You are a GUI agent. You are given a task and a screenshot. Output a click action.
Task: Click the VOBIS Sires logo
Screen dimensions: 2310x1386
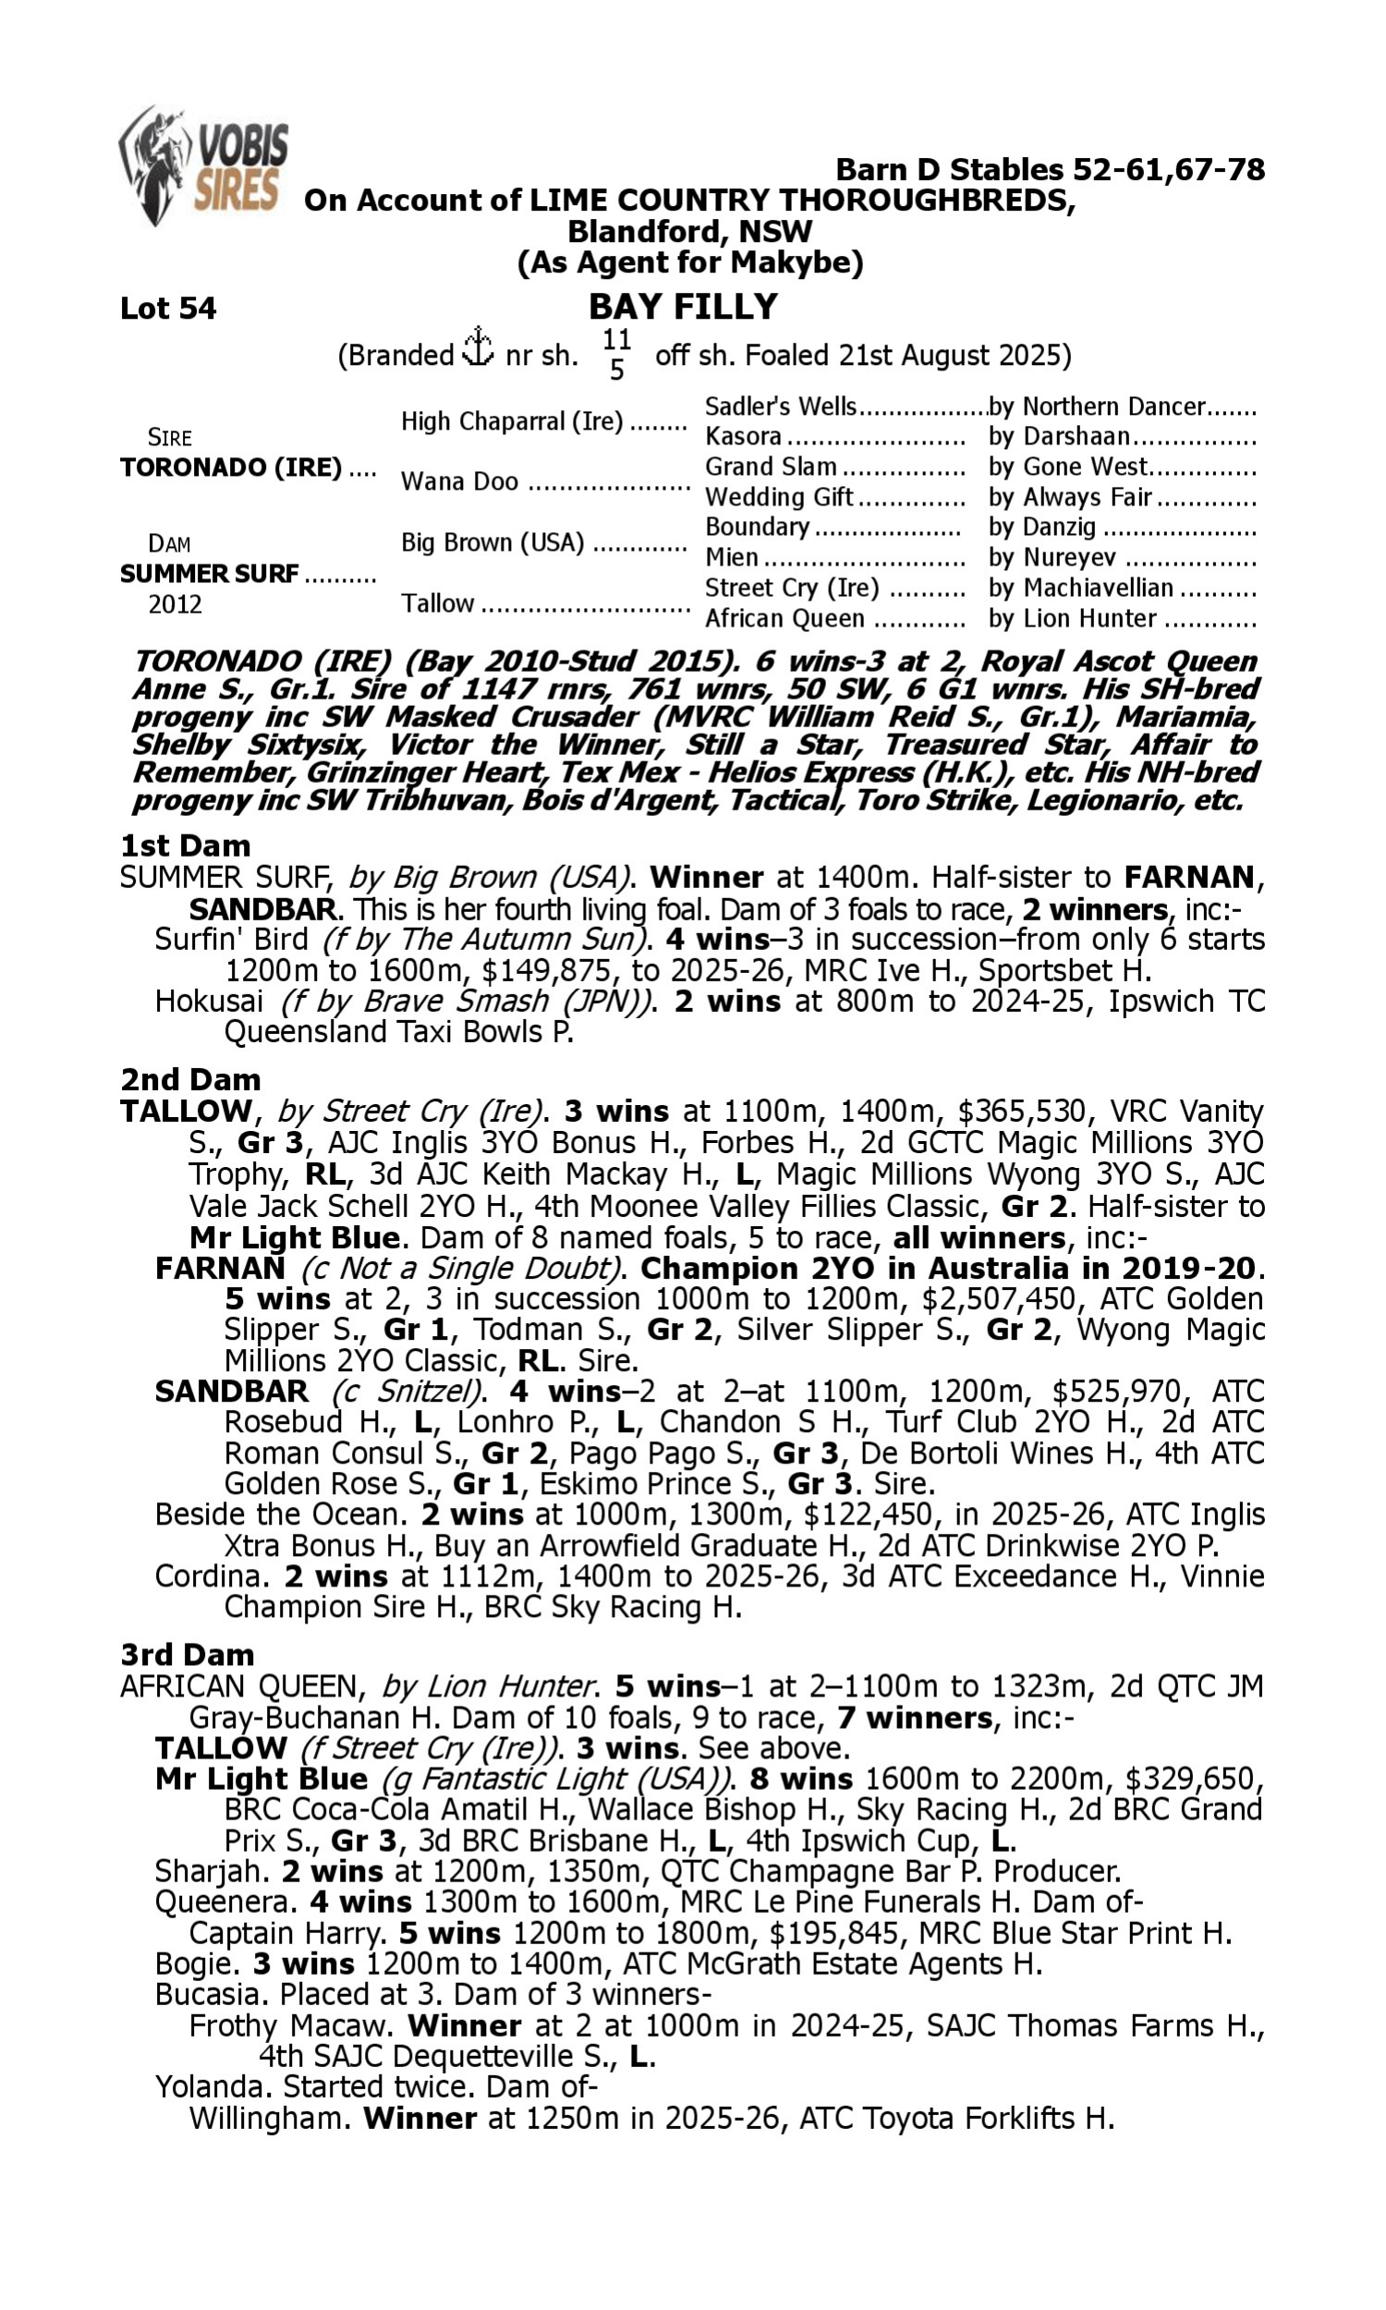pos(203,166)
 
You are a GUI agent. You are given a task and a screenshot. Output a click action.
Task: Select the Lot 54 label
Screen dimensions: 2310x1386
pos(168,308)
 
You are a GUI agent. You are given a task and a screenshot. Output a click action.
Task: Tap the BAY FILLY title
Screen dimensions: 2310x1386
pos(683,306)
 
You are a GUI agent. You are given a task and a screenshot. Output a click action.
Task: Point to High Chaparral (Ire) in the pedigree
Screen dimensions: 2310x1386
pos(512,422)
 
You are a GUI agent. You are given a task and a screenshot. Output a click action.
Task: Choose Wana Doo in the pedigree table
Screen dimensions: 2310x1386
pos(459,481)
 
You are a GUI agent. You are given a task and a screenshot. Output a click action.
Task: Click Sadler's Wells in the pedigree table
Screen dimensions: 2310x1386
pos(780,407)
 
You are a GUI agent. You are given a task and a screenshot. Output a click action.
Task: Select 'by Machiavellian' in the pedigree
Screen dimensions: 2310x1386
pos(1080,589)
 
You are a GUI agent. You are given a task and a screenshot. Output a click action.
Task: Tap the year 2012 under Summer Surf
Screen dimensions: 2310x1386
pos(175,605)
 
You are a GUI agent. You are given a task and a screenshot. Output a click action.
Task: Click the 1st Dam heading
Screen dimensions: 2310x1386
pos(185,846)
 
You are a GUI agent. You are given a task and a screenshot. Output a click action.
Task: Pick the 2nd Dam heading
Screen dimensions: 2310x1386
pos(190,1079)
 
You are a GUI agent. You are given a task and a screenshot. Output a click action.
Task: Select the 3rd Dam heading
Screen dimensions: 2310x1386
pos(187,1655)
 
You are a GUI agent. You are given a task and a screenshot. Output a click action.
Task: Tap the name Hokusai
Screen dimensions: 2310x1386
pos(208,1001)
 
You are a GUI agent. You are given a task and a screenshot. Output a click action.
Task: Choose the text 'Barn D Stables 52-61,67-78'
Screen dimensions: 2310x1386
pos(1050,170)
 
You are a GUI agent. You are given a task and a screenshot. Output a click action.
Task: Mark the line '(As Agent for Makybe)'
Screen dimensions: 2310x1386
pos(690,262)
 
